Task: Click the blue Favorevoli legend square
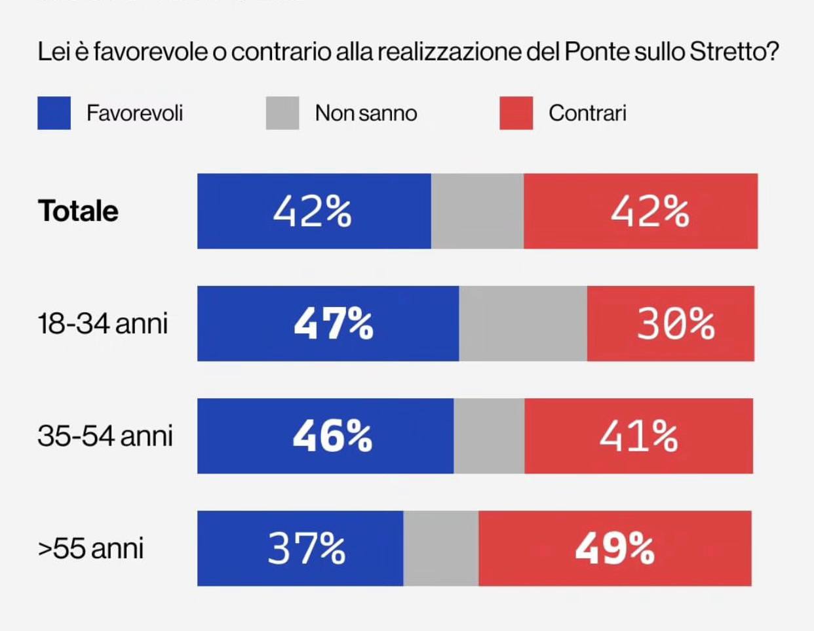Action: point(54,113)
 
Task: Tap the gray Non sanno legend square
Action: point(282,113)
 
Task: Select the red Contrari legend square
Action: point(516,113)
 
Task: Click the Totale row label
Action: point(79,211)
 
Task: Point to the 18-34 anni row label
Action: point(103,324)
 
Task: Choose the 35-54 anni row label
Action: point(105,436)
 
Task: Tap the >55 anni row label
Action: point(91,548)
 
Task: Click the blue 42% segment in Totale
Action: point(314,211)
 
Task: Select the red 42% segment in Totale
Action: point(640,211)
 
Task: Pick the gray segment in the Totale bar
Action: point(477,211)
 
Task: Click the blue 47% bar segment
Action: point(328,323)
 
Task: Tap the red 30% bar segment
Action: point(670,323)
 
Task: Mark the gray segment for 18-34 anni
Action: point(523,323)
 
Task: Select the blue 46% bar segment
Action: point(325,436)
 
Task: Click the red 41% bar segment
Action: point(638,436)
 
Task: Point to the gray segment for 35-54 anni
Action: point(489,436)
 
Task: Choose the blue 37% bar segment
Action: point(300,548)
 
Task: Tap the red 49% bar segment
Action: point(615,548)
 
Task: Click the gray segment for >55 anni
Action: point(441,548)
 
